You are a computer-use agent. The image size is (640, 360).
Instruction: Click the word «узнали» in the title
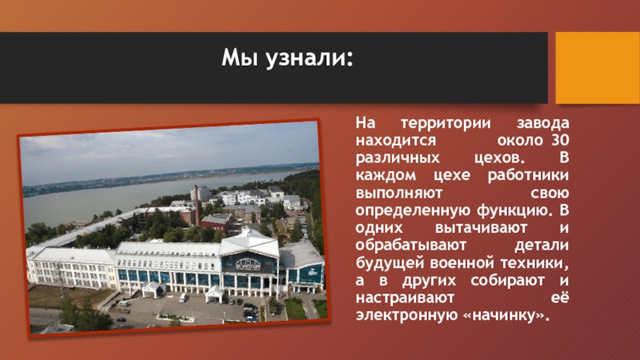pyautogui.click(x=309, y=58)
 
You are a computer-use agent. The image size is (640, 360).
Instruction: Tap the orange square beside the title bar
pyautogui.click(x=598, y=68)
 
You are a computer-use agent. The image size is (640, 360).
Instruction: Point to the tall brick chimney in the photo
pyautogui.click(x=197, y=206)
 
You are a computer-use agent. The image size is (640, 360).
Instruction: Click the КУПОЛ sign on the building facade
pyautogui.click(x=248, y=266)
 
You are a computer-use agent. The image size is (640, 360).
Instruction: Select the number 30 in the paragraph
pyautogui.click(x=559, y=140)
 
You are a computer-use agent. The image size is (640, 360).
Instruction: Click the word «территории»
pyautogui.click(x=446, y=123)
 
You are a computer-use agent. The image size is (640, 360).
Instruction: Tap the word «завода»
pyautogui.click(x=543, y=123)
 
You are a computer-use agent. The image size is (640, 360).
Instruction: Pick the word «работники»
pyautogui.click(x=528, y=175)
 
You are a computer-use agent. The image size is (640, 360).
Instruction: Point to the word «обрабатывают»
pyautogui.click(x=411, y=246)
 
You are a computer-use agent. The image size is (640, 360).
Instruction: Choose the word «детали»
pyautogui.click(x=542, y=246)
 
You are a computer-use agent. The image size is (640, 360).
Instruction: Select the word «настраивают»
pyautogui.click(x=405, y=298)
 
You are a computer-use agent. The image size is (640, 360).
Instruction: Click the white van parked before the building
pyautogui.click(x=183, y=298)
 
